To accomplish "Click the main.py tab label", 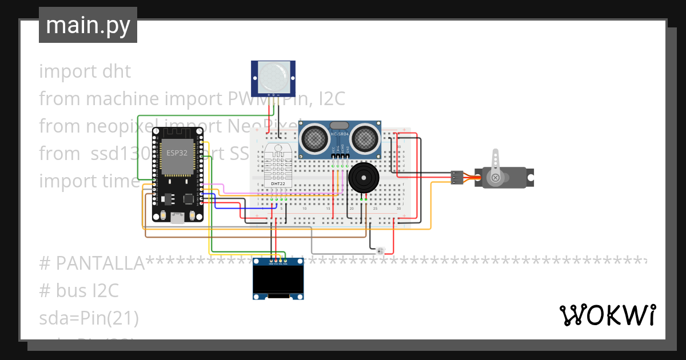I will click(87, 26).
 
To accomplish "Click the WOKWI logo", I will click(607, 315).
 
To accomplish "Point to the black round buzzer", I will click(364, 178).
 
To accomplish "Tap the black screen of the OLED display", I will click(278, 279).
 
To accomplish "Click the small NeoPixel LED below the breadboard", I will click(381, 250).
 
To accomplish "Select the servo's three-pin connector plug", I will click(456, 178).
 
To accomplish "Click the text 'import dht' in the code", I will click(85, 71).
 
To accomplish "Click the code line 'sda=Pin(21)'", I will click(89, 318).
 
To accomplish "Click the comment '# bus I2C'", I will click(78, 291).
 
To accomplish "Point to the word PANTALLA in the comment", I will click(100, 263).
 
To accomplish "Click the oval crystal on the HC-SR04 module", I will click(339, 125).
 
